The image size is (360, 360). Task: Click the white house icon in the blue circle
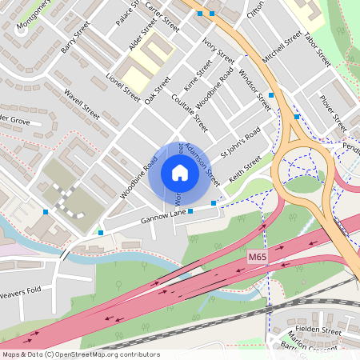(180, 173)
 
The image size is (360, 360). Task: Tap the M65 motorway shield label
(256, 257)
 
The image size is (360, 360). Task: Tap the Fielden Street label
(320, 330)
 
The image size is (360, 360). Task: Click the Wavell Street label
(81, 103)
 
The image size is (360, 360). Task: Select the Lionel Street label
(122, 89)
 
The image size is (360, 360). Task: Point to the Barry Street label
(75, 44)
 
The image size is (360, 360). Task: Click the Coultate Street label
(190, 111)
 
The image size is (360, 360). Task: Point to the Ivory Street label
(218, 49)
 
